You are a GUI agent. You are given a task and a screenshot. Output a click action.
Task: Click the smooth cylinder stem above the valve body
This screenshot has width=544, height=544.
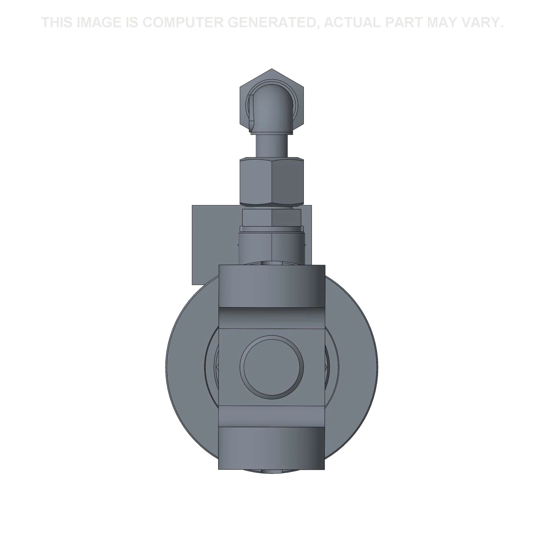(272, 248)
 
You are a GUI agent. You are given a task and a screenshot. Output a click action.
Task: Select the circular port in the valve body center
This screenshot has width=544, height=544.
(272, 367)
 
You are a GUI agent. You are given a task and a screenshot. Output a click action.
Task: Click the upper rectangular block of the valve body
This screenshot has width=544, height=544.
(272, 286)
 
